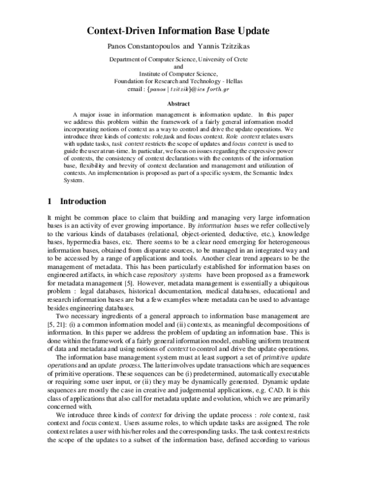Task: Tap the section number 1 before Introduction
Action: point(50,201)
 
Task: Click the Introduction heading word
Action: point(83,201)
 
